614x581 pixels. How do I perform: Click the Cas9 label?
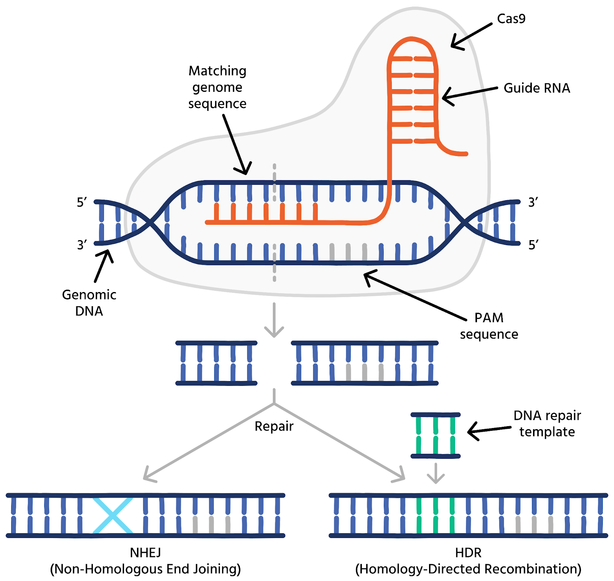[x=511, y=18]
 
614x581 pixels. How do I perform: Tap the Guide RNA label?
[x=536, y=88]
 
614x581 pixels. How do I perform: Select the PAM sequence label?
[x=489, y=326]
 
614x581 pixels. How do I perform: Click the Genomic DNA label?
[x=89, y=302]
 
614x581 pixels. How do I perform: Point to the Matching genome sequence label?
[x=217, y=87]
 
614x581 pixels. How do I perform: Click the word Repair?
[x=274, y=426]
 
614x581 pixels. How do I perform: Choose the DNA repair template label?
[x=547, y=423]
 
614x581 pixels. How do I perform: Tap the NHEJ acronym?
[x=145, y=553]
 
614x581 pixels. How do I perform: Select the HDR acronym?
[x=468, y=553]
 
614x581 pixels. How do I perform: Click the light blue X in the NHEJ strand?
[x=113, y=515]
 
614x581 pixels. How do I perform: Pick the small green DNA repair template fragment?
[x=436, y=435]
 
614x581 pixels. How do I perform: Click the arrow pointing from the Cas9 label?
[x=471, y=36]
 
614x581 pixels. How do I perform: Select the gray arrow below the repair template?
[x=436, y=474]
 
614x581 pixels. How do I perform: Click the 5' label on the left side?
[x=82, y=202]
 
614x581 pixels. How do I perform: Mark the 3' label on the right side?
[x=533, y=202]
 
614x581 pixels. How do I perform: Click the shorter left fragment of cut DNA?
[x=216, y=363]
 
